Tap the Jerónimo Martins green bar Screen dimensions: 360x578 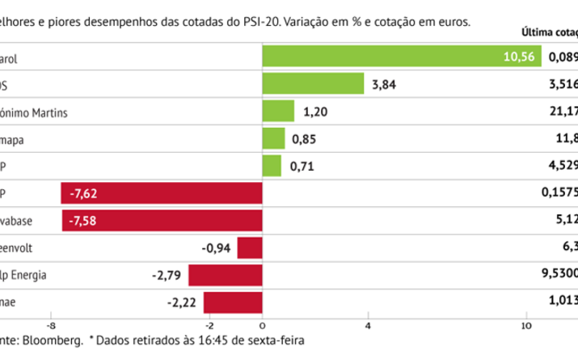pyautogui.click(x=279, y=112)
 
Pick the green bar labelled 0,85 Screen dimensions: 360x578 pyautogui.click(x=274, y=138)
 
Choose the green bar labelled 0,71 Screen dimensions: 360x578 pyautogui.click(x=272, y=166)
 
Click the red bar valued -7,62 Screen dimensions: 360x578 pyautogui.click(x=162, y=193)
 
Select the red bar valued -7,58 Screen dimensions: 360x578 pyautogui.click(x=163, y=221)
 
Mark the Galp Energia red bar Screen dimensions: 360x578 pyautogui.click(x=226, y=275)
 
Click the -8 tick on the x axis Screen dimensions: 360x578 pyautogui.click(x=51, y=326)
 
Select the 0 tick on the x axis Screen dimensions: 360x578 pyautogui.click(x=263, y=326)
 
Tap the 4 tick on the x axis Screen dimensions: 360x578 pyautogui.click(x=369, y=326)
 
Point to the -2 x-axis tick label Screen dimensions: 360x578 pyautogui.click(x=209, y=326)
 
